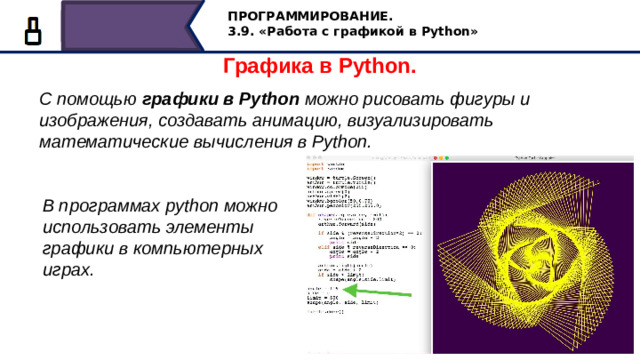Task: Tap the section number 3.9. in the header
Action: (x=243, y=32)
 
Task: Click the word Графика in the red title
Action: (x=265, y=67)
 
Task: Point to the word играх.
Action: (x=67, y=269)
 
